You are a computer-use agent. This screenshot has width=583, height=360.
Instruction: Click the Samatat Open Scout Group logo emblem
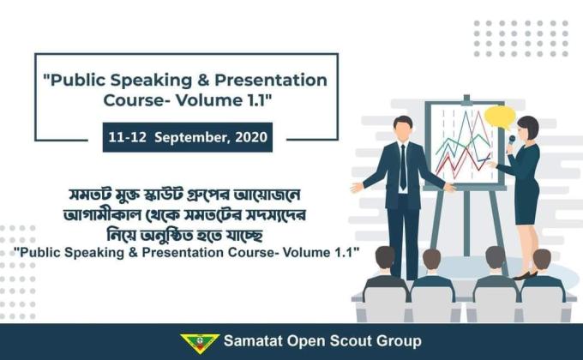point(200,342)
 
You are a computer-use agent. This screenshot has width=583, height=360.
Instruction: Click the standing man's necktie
point(403,167)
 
